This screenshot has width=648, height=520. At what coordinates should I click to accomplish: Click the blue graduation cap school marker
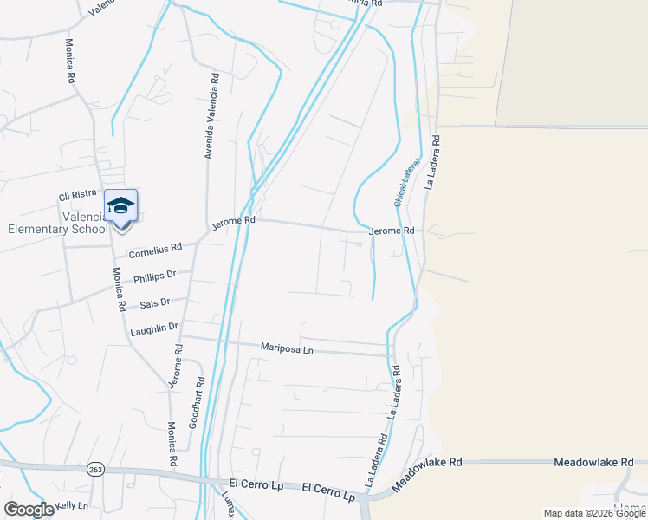coord(120,206)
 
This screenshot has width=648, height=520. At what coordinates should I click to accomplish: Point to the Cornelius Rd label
coord(155,250)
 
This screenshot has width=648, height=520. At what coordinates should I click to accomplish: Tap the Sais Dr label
coord(154,303)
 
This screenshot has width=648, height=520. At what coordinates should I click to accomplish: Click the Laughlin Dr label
coord(153,328)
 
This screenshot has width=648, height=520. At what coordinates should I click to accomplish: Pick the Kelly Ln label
coord(71,505)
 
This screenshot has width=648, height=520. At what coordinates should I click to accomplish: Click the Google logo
coord(28,510)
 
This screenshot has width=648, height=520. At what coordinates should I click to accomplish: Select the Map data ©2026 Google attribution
coord(594,513)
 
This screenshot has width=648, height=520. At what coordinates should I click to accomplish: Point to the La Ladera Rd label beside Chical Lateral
coord(433,161)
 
